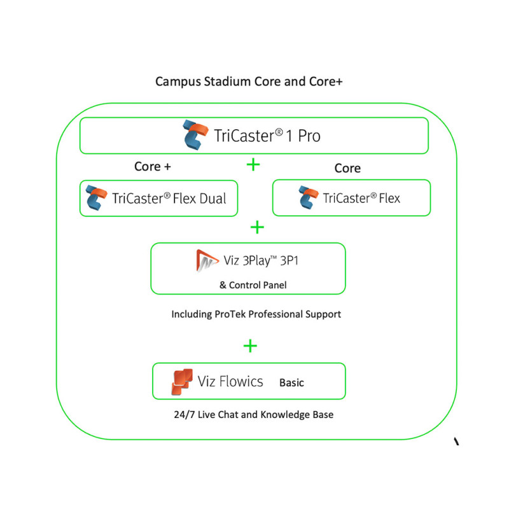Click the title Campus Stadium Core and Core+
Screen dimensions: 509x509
coord(249,81)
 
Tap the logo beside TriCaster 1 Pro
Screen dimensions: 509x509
coord(195,135)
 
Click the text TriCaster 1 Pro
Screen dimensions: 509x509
coord(267,136)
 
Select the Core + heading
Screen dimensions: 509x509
coord(153,167)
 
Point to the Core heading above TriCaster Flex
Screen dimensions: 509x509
coord(347,168)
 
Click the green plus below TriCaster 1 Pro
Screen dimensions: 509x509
coord(253,165)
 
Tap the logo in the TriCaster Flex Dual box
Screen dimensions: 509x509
coord(97,198)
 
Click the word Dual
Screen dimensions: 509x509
coord(213,199)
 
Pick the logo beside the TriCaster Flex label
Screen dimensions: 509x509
coord(309,197)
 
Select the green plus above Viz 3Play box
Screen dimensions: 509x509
coord(257,227)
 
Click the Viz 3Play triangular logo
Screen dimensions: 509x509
coord(207,260)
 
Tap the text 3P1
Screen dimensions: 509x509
coord(289,260)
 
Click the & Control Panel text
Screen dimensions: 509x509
coord(253,285)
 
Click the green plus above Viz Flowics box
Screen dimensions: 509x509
coord(250,345)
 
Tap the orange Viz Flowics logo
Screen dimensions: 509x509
coord(182,382)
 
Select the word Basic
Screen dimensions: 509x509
coord(291,383)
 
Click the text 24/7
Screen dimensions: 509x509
coord(184,415)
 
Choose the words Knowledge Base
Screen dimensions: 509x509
coord(296,415)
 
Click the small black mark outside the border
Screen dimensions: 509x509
coord(456,441)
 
